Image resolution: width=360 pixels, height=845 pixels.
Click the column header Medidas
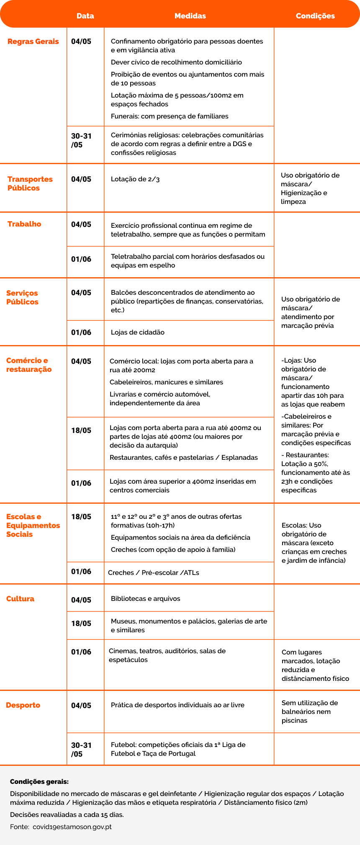point(190,16)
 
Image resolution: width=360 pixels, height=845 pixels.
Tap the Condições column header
point(315,16)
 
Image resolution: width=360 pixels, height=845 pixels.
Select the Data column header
point(85,16)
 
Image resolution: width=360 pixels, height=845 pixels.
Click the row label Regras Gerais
point(33,41)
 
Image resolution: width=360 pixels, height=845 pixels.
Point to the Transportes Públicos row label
point(30,183)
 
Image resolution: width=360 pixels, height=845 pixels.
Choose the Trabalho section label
point(24,224)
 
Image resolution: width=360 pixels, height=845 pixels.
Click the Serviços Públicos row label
point(22,297)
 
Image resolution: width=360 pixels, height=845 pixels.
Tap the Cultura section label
point(20,599)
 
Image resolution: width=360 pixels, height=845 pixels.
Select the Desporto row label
point(23,705)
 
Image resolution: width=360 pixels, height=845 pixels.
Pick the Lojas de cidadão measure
point(138,332)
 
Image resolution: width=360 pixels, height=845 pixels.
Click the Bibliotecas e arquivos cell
point(146,599)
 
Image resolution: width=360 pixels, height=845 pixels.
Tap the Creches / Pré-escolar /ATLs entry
point(154,573)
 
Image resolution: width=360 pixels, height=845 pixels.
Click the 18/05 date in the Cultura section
point(81,623)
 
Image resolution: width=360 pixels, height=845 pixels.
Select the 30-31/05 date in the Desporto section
point(81,750)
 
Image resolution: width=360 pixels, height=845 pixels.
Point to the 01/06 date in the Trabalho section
point(81,259)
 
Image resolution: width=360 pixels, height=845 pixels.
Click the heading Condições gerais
point(39,782)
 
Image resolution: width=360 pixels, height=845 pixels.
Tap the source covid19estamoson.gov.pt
point(72,827)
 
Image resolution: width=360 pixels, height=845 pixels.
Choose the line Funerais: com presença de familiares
point(170,116)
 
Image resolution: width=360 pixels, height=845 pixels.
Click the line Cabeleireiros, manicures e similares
point(166,382)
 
